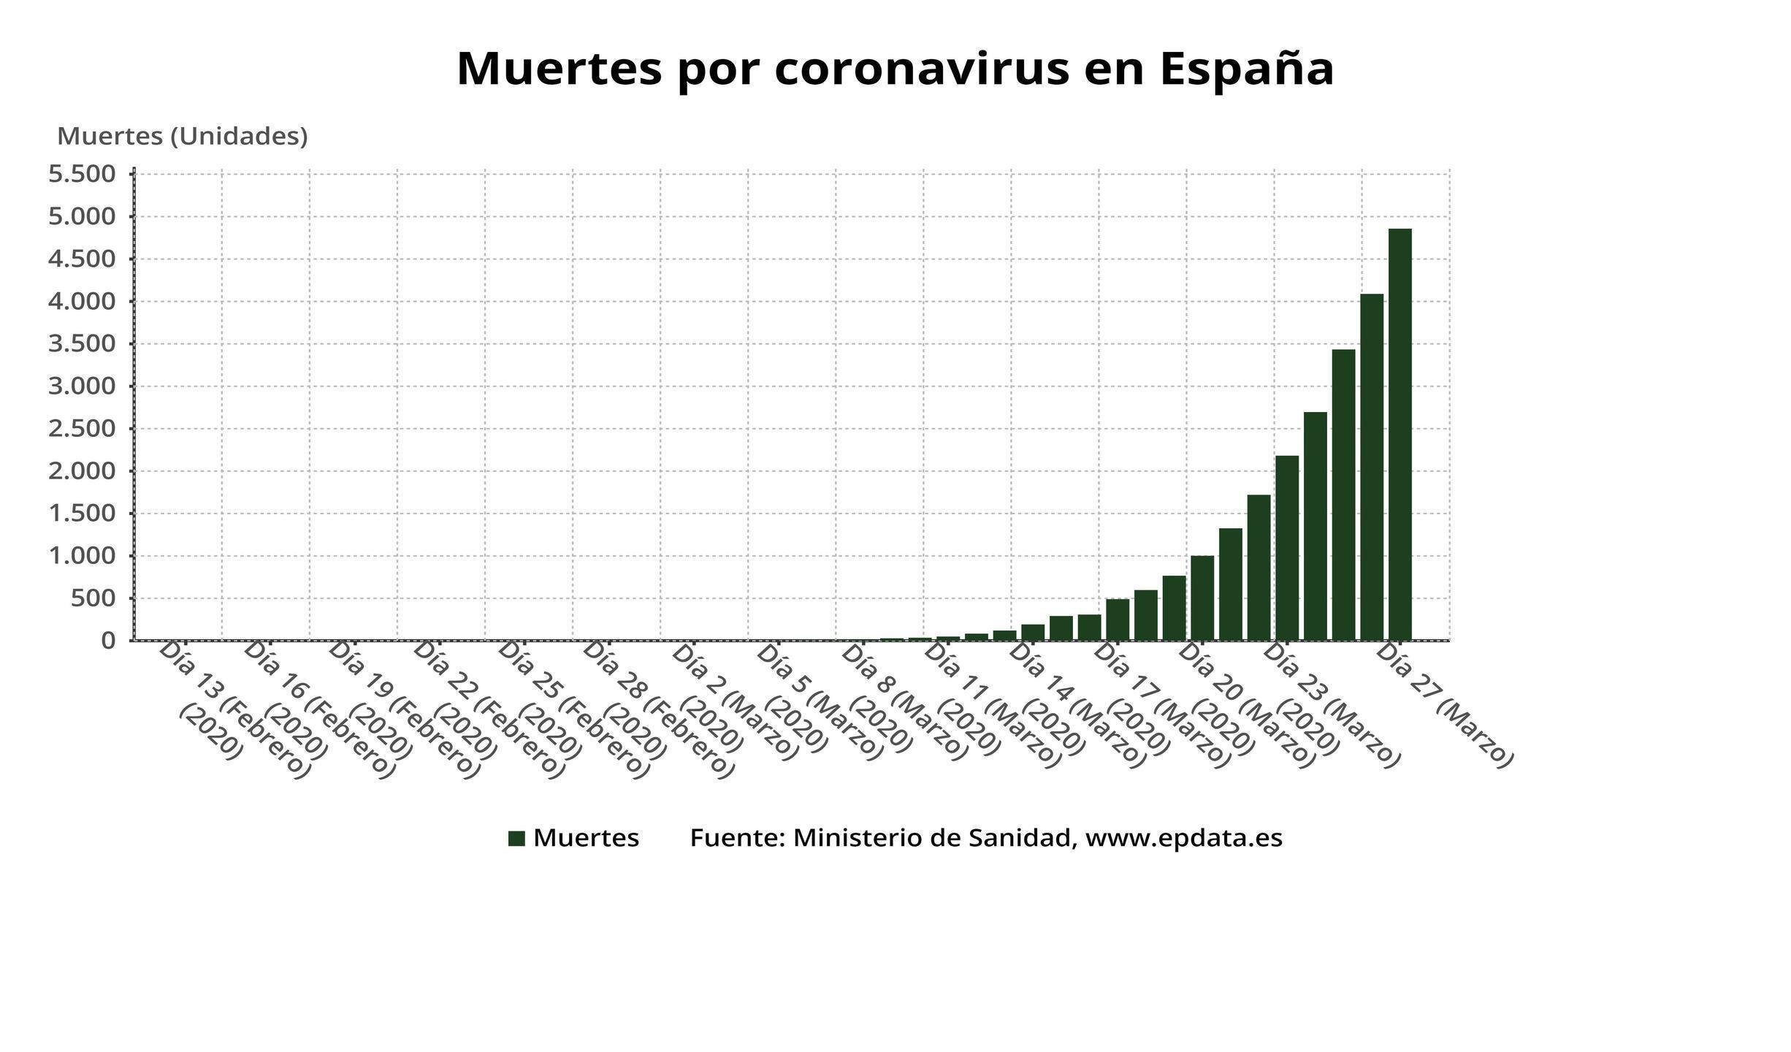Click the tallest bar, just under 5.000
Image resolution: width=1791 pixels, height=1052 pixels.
(x=1399, y=435)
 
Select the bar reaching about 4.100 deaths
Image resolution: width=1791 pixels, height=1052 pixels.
(x=1371, y=468)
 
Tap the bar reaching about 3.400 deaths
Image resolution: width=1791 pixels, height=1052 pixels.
(x=1343, y=495)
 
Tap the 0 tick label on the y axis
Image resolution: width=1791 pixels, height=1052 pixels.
(x=109, y=641)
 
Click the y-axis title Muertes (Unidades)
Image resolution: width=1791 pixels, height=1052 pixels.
(x=183, y=137)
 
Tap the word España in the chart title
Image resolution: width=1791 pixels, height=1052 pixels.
(x=1246, y=69)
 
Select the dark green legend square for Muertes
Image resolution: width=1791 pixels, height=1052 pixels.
(x=516, y=839)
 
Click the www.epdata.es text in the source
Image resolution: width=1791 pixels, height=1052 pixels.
(x=1183, y=839)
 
